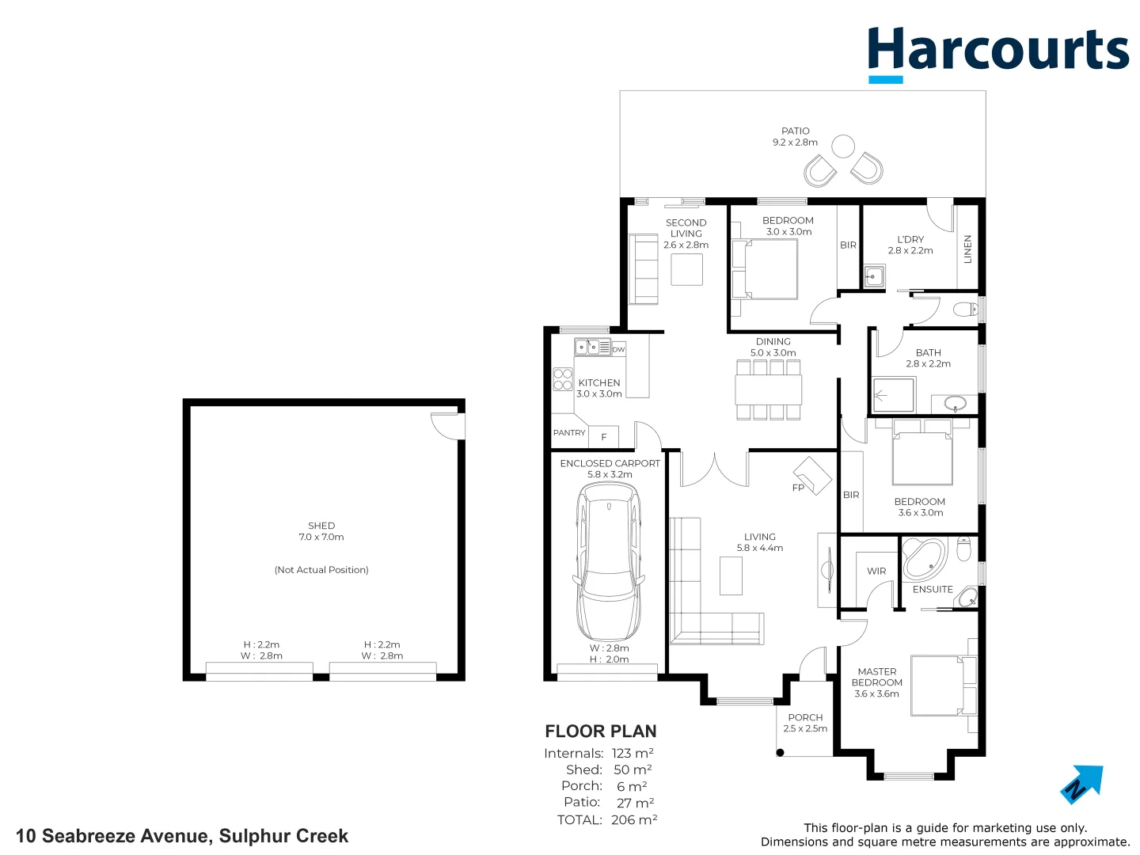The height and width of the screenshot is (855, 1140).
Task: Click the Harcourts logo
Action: tap(997, 52)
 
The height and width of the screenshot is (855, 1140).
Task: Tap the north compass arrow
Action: tap(1082, 783)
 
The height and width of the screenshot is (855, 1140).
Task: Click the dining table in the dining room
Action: tap(768, 389)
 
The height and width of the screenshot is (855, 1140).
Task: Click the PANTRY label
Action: tap(569, 433)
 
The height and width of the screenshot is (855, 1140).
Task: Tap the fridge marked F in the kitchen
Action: tap(604, 436)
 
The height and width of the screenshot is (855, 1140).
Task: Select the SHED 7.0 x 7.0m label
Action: tap(321, 531)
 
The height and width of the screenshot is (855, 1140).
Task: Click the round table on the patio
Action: tap(843, 146)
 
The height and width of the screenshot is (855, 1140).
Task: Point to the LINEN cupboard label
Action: tap(967, 249)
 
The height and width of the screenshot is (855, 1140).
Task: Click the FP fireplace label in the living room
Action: tap(798, 488)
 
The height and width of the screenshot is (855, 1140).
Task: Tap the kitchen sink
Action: tap(587, 347)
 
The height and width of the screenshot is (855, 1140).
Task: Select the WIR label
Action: tap(876, 571)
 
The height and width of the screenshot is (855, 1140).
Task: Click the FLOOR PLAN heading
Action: tap(601, 731)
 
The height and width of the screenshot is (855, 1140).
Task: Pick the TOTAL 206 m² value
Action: tap(634, 820)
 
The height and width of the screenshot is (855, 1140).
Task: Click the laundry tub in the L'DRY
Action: tap(874, 276)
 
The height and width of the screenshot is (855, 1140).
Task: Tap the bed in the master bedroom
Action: tap(942, 686)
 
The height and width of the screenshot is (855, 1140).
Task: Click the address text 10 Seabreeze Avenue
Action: tap(182, 836)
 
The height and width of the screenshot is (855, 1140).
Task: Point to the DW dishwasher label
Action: tap(618, 349)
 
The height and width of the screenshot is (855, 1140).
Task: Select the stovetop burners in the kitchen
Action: tap(563, 379)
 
